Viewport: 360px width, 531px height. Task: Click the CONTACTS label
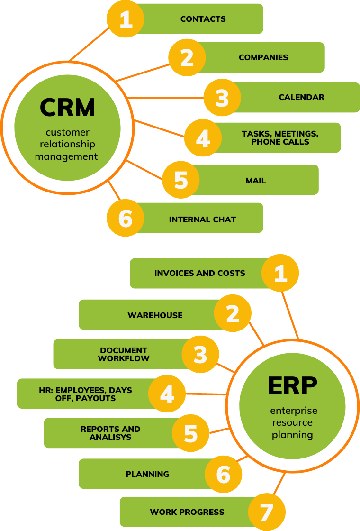click(x=203, y=19)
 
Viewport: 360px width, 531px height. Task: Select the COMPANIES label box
click(x=263, y=57)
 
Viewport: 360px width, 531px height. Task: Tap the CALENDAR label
click(x=301, y=97)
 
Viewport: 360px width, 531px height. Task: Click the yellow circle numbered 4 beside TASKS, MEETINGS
click(x=203, y=138)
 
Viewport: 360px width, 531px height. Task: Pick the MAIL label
click(x=256, y=181)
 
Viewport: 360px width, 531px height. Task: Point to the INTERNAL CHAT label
click(x=202, y=220)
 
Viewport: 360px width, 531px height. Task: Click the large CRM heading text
click(x=67, y=107)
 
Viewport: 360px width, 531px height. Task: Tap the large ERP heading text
click(x=292, y=386)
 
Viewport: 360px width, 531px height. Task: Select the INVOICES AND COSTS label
click(x=199, y=273)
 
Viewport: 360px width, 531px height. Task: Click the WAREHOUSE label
click(x=155, y=315)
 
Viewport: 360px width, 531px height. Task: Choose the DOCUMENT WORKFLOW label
click(x=124, y=355)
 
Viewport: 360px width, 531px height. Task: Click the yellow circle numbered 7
click(x=267, y=512)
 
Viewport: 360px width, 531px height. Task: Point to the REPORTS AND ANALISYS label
click(x=110, y=433)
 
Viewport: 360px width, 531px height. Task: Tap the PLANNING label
click(x=147, y=474)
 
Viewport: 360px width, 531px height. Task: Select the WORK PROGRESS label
click(x=187, y=512)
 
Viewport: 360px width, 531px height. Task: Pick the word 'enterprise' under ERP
click(x=294, y=411)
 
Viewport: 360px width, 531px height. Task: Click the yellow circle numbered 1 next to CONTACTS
click(x=126, y=19)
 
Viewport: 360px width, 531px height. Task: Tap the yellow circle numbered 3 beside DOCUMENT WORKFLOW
click(x=201, y=354)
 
